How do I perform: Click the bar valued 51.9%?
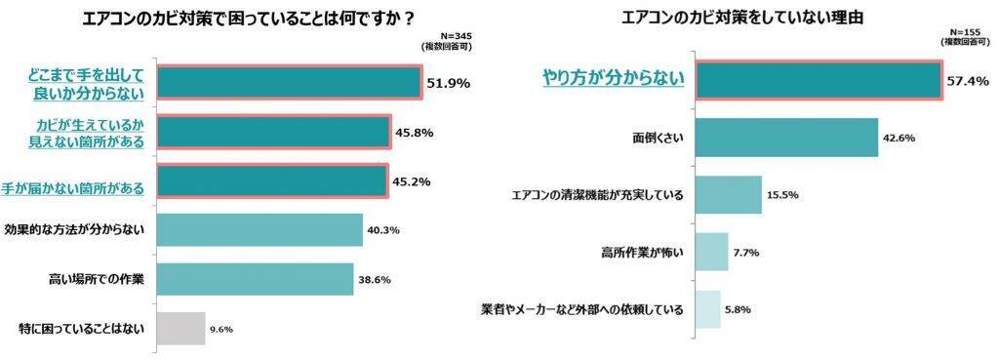click(x=289, y=83)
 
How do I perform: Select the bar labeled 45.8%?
click(x=273, y=132)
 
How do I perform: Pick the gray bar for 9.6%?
click(x=181, y=329)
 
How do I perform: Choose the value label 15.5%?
click(x=783, y=194)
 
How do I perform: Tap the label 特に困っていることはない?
click(x=74, y=329)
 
